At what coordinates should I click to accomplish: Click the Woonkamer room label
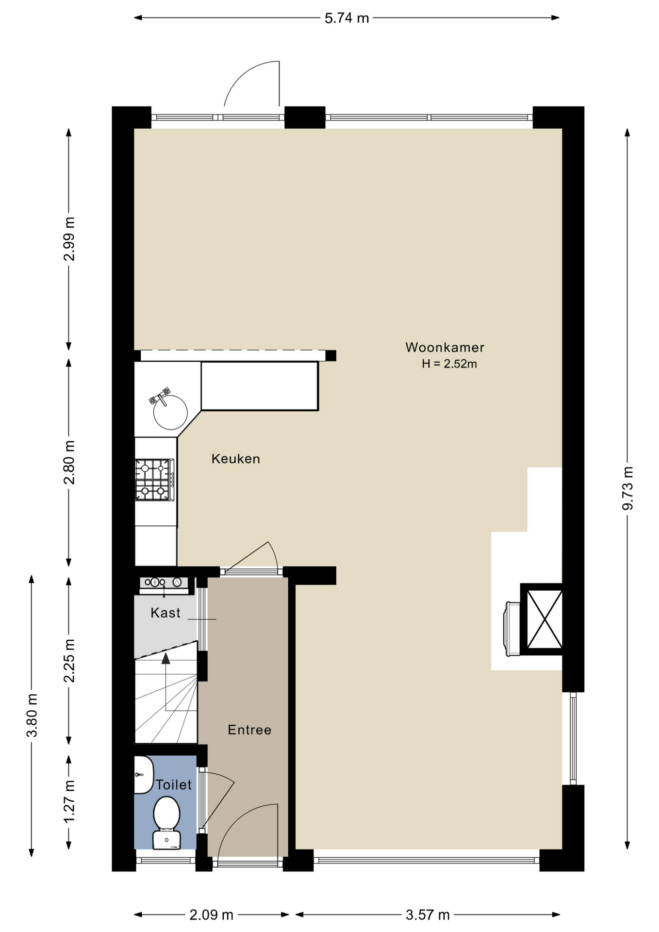point(445,348)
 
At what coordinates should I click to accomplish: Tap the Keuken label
point(236,459)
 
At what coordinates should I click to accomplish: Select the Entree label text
point(249,730)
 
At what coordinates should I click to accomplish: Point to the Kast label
point(165,613)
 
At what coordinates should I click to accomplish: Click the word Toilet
point(174,784)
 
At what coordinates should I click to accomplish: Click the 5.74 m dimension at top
point(346,18)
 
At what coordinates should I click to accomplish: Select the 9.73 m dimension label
point(627,488)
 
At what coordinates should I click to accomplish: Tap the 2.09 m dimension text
point(212,915)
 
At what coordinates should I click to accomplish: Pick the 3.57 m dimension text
point(428,915)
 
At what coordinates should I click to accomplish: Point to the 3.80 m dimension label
point(32,716)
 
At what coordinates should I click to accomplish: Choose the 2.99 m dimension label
point(69,239)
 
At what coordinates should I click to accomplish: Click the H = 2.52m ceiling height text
point(449,364)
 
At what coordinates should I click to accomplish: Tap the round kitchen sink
point(170,413)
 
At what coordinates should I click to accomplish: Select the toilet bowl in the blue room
point(166,822)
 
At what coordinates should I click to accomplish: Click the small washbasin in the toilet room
point(143,775)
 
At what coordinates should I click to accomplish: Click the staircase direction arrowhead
point(166,658)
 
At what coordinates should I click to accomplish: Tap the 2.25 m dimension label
point(69,661)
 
